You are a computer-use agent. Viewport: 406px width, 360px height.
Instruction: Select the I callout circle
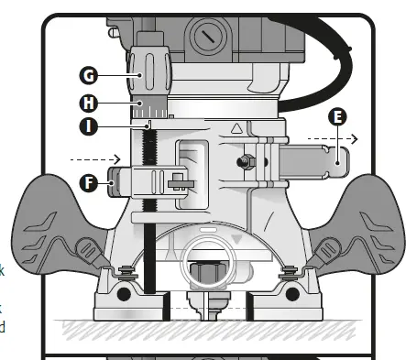click(90, 126)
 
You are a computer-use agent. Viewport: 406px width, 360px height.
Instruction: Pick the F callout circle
click(89, 181)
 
